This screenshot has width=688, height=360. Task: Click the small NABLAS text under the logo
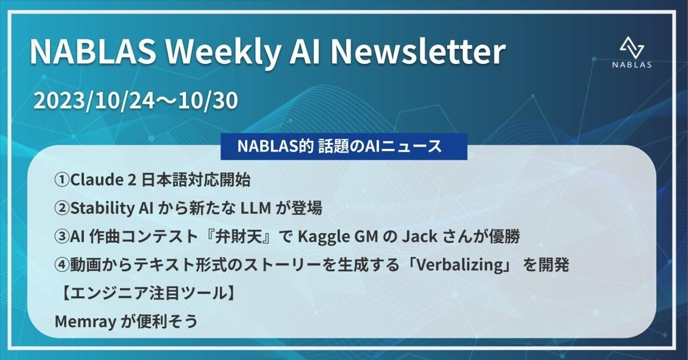click(x=632, y=64)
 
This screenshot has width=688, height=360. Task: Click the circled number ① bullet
click(x=62, y=181)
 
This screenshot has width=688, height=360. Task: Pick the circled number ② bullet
click(x=62, y=209)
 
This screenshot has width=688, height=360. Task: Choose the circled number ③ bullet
click(x=62, y=237)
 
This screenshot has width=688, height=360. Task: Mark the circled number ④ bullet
click(x=62, y=265)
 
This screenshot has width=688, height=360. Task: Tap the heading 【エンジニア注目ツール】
click(x=145, y=293)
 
